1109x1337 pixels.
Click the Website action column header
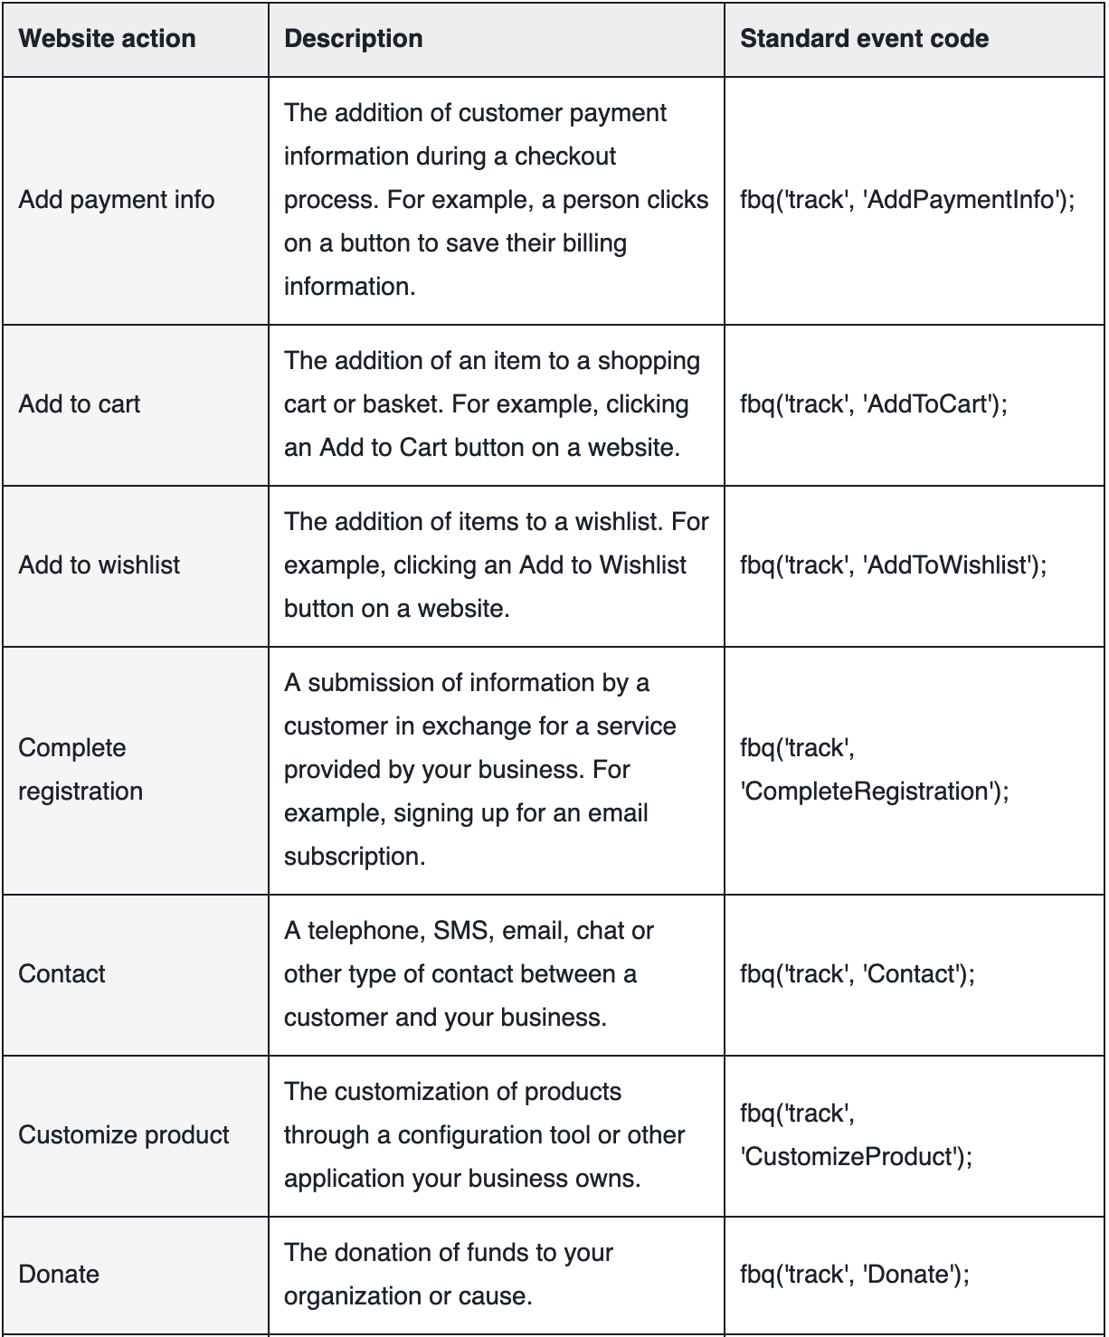tap(107, 39)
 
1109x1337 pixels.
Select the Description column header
tap(353, 39)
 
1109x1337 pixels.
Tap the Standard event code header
tap(864, 39)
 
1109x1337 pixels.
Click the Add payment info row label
tap(117, 200)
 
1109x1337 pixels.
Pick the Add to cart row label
tap(80, 404)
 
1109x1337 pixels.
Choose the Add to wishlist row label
tap(100, 565)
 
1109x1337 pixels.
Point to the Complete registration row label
tap(80, 769)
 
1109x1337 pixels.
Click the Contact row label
tap(62, 974)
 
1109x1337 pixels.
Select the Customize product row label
tap(124, 1135)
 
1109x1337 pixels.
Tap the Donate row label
tap(59, 1275)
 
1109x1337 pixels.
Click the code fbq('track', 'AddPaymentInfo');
tap(907, 200)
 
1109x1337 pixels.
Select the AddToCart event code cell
tap(873, 404)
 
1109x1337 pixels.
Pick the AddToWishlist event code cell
tap(893, 565)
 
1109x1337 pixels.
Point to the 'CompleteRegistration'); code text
tap(874, 792)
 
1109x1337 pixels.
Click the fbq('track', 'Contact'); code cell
tap(857, 974)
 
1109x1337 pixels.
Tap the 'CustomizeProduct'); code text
tap(856, 1157)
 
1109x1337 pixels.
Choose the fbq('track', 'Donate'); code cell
tap(854, 1275)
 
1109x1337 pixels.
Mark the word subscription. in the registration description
tap(355, 857)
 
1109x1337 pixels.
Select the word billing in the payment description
tap(593, 243)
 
